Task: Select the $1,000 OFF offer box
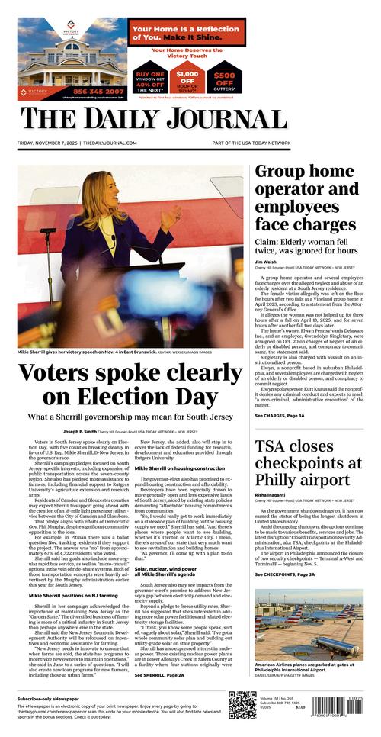(187, 76)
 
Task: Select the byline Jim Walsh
(265, 262)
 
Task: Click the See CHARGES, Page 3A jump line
(280, 416)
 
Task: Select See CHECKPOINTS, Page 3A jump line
(285, 574)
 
